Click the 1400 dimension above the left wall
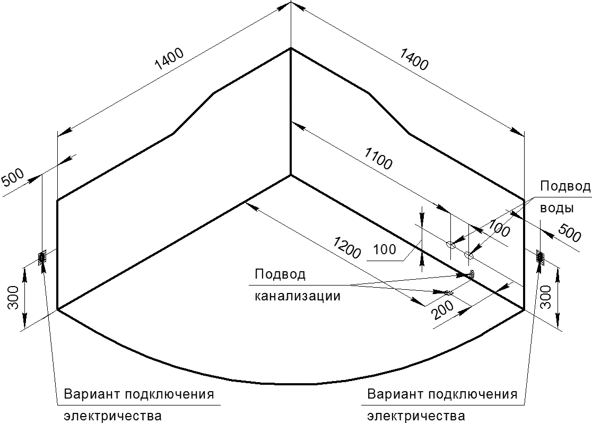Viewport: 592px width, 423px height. (x=170, y=59)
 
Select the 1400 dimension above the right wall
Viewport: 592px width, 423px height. (x=414, y=59)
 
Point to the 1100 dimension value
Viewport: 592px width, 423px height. (x=379, y=159)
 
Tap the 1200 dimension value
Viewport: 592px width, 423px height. (x=346, y=248)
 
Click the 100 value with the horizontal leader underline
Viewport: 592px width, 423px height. (x=385, y=249)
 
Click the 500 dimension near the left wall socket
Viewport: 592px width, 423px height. (x=13, y=177)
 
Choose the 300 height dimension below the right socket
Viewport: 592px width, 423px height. (x=549, y=297)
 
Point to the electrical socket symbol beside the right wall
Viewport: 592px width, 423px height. (x=541, y=257)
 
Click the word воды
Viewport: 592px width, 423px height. (x=557, y=208)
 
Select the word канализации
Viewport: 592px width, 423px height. (x=297, y=295)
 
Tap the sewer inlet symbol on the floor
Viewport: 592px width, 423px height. (x=449, y=292)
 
